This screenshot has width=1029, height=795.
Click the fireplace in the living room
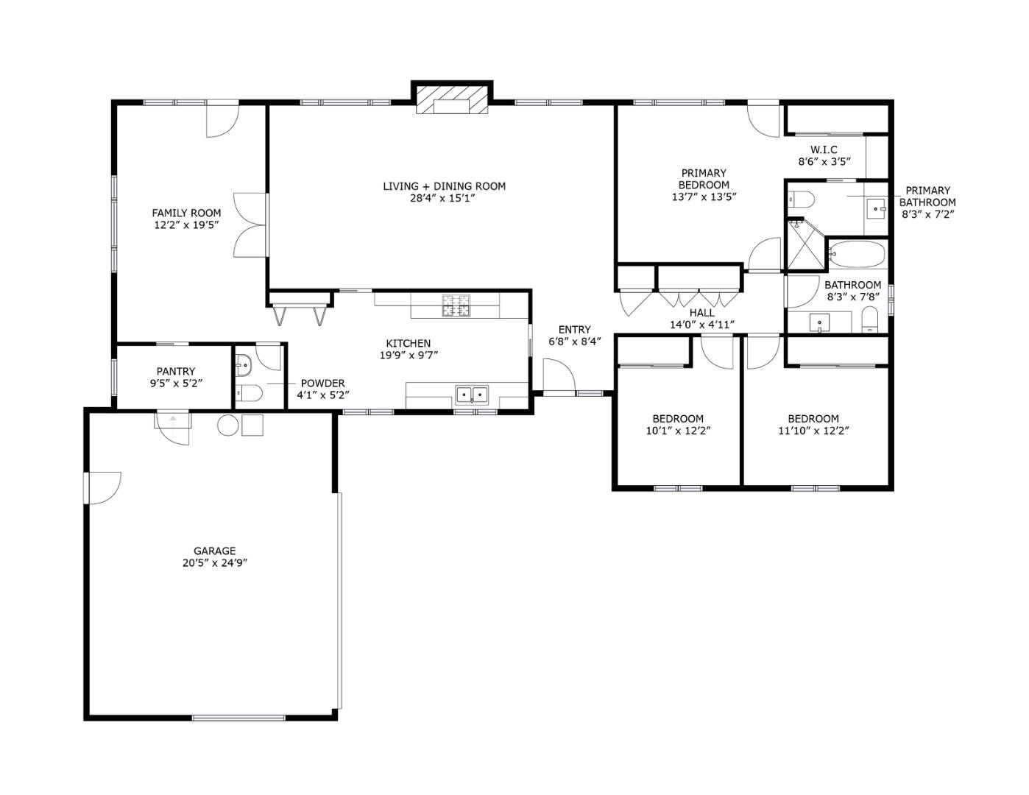[452, 100]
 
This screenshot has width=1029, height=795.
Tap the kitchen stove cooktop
[456, 305]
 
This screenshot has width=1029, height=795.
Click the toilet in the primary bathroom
[800, 199]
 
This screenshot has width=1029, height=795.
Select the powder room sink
[244, 363]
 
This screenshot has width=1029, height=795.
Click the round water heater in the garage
[228, 425]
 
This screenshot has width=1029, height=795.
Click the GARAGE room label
[214, 551]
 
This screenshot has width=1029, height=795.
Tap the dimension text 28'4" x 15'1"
[444, 198]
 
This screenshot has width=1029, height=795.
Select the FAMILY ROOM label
[186, 213]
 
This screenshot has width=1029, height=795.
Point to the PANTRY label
[176, 372]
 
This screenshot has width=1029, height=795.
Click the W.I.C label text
[824, 149]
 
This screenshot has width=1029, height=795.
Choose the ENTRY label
[574, 330]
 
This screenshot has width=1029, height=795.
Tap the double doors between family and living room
[250, 225]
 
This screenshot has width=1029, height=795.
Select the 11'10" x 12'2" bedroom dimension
[813, 431]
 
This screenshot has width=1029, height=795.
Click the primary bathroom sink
[876, 208]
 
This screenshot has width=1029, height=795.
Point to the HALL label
[701, 313]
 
